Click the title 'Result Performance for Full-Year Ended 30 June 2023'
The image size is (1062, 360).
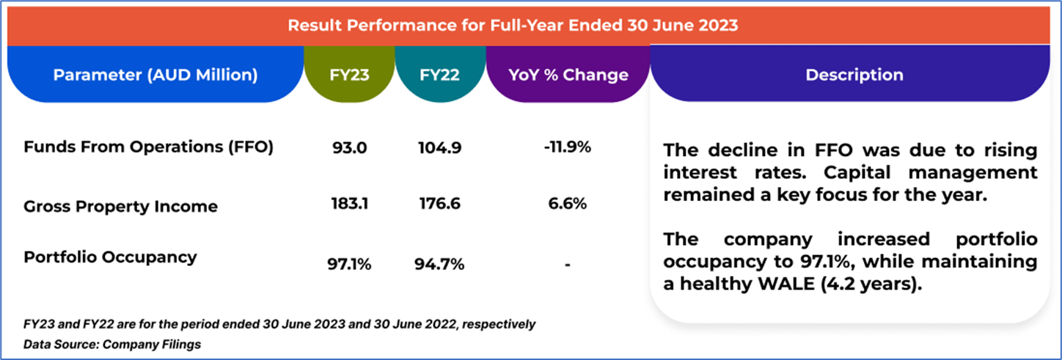tap(512, 25)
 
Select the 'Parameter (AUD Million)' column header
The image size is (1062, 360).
tap(155, 76)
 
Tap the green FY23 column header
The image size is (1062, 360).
tap(349, 76)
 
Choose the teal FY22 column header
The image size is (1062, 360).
tap(440, 76)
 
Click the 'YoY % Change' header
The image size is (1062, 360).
tap(568, 76)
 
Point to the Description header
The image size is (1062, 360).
tap(854, 76)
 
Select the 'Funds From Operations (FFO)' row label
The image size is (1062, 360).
tap(148, 147)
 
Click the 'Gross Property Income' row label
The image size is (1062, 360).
tap(120, 206)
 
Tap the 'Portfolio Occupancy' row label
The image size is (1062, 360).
tap(110, 257)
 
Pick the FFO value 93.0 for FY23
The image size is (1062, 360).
tap(349, 147)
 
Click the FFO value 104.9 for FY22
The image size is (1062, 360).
tap(440, 147)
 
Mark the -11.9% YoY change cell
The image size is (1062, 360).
tap(568, 147)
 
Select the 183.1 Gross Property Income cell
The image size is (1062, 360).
tap(349, 204)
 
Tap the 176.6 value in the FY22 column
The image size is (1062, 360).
tap(440, 204)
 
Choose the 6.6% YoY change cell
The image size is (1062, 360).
tap(568, 204)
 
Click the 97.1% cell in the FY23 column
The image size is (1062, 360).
tap(349, 264)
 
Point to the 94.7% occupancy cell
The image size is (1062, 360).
tap(440, 264)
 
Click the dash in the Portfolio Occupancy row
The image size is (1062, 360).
tap(568, 265)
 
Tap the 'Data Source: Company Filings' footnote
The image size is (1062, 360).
tap(112, 343)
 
